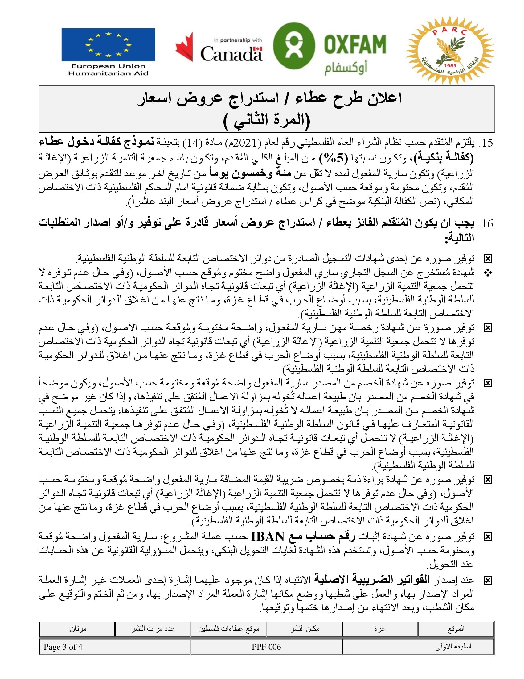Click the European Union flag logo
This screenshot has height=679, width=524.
point(108,44)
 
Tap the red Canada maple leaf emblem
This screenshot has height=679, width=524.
point(184,47)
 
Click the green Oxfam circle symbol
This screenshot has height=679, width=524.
point(294,45)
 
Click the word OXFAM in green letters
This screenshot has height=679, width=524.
point(355,44)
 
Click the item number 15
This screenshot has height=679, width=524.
point(485,143)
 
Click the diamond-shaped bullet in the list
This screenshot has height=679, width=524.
point(488,273)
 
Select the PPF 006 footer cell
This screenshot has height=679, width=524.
point(266,647)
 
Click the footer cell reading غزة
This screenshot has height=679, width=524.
point(380,629)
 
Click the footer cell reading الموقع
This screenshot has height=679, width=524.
point(456,629)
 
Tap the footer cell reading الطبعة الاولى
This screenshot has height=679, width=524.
point(452,647)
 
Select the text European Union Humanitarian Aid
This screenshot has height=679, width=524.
point(108,70)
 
